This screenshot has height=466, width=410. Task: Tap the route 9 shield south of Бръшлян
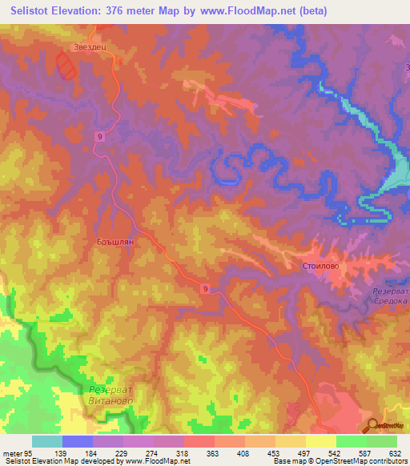(x=206, y=288)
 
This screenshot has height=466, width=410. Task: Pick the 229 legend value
(x=120, y=452)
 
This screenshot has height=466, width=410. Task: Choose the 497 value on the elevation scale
(x=294, y=452)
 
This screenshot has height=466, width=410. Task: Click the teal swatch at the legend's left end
(x=46, y=441)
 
